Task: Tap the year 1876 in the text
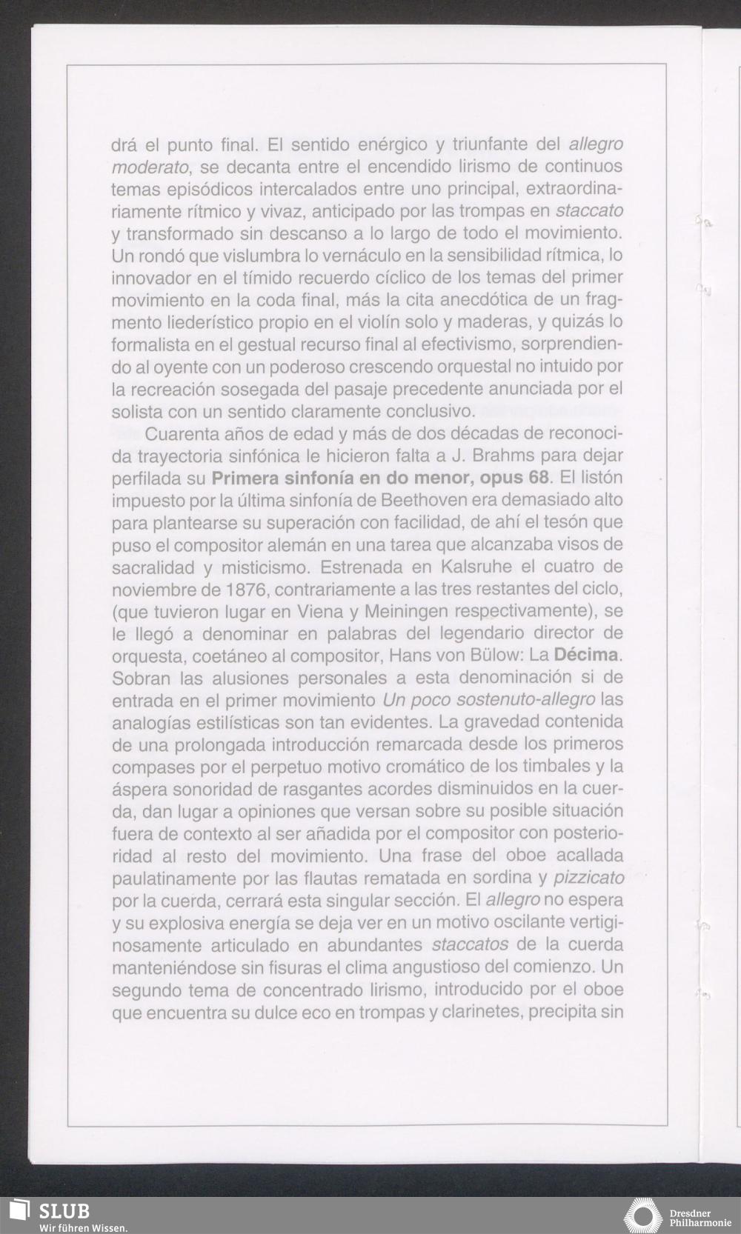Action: tap(239, 590)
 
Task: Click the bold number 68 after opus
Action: tap(536, 477)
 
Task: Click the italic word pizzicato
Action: tap(588, 878)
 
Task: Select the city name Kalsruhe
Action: tap(433, 567)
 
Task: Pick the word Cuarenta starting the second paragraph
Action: tap(178, 433)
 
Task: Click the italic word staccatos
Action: tap(469, 945)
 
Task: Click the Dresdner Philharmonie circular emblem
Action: tap(642, 1215)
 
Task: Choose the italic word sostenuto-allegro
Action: tap(522, 700)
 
